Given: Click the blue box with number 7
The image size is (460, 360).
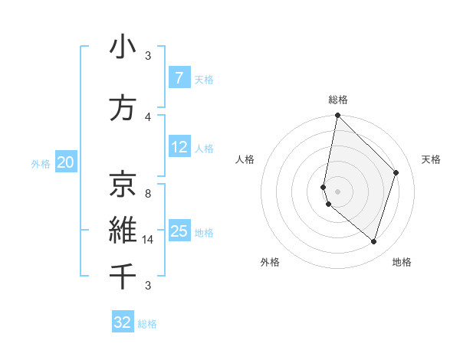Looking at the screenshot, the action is coord(179,78).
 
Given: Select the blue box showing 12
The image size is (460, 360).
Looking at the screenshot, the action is coord(179,147).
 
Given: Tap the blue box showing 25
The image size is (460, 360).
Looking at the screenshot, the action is coord(179,231).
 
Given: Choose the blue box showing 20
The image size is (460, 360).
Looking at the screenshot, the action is coord(66,162).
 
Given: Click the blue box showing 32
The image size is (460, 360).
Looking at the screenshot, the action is coord(123,322).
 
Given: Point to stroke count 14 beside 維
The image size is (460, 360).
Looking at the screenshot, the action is coord(149,240).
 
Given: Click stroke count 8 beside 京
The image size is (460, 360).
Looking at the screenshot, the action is coord(148,194).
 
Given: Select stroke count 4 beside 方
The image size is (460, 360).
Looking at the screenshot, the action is coord(148,116).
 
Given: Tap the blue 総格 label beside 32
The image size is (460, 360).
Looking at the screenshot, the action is coord(147,324).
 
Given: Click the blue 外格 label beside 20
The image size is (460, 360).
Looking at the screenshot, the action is coord(41,163).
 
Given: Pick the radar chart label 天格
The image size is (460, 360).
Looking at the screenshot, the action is coord(431,159).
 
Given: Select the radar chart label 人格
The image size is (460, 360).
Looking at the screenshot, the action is coord(245,159).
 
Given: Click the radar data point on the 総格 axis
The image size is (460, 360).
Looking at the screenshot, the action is coord(337,115).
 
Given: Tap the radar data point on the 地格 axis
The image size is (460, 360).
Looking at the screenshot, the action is coord(373,241).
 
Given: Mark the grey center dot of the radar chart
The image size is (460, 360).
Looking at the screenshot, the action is coord(337,191).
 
